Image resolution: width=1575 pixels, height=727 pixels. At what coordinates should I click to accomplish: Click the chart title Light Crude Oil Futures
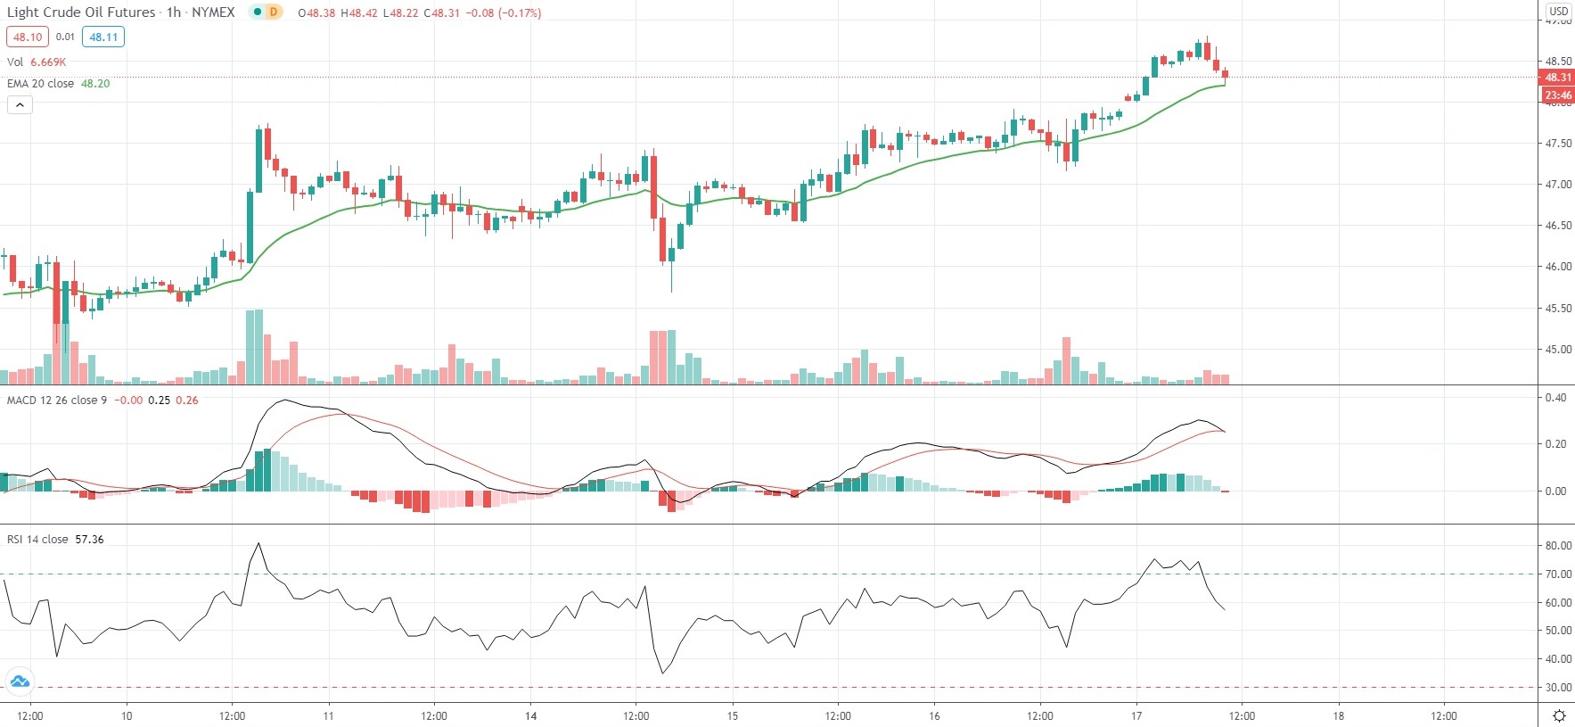pos(80,12)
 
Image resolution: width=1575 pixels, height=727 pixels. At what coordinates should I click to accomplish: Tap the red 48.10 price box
pos(28,37)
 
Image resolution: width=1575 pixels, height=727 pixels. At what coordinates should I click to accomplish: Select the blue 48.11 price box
pos(103,37)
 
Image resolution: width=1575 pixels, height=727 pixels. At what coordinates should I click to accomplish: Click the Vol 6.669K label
pos(37,62)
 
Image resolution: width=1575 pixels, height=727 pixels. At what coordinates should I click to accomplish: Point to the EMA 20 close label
pos(41,84)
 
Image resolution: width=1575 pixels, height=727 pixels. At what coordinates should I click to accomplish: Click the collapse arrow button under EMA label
pos(20,105)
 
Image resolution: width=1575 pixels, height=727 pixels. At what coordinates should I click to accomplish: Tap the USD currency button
pos(1558,12)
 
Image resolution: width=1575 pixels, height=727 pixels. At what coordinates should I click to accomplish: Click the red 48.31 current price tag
pos(1557,78)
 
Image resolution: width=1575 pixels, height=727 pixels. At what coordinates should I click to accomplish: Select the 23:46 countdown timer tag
pos(1557,95)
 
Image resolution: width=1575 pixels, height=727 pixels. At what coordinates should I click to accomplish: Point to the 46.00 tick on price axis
pos(1558,267)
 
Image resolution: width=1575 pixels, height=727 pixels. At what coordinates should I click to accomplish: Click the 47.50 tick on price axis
pos(1558,144)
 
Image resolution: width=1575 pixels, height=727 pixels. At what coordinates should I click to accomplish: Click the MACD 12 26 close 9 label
pos(57,401)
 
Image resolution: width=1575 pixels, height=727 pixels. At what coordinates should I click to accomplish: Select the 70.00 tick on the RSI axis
pos(1558,574)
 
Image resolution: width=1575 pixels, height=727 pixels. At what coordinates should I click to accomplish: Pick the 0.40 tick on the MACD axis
pos(1555,398)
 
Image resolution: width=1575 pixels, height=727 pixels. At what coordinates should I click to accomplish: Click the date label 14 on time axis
pos(531,716)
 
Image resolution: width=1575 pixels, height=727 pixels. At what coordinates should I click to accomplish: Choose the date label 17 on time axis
pos(1136,716)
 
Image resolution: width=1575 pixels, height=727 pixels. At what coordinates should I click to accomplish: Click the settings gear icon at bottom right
pos(1559,716)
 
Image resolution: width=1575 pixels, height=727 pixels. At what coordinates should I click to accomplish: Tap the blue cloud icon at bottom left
pos(20,682)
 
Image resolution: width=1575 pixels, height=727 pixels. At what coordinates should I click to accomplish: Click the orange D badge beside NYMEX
pos(274,12)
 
